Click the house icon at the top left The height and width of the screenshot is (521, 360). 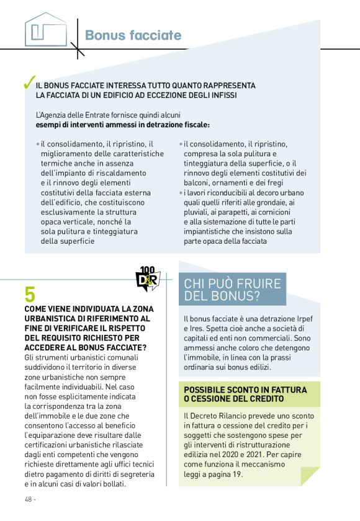[x=46, y=29]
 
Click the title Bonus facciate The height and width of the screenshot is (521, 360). [x=133, y=35]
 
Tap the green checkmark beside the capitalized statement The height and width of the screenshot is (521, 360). [x=28, y=84]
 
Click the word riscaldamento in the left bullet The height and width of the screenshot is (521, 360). [x=120, y=173]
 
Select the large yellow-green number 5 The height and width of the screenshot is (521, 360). [x=30, y=295]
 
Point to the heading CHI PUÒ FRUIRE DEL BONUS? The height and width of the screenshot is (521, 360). [x=232, y=290]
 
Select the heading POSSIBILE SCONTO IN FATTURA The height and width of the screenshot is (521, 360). [x=245, y=390]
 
